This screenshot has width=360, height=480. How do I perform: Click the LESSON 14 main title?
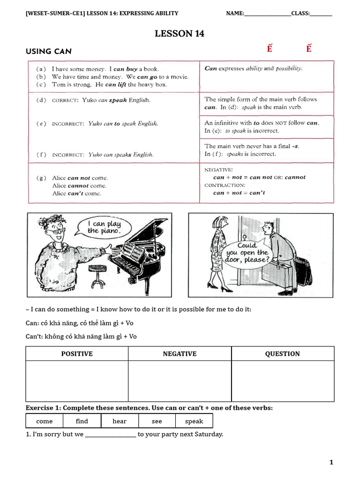(x=180, y=33)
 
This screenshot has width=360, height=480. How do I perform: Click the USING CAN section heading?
(x=49, y=52)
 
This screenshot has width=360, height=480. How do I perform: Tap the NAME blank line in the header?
(x=267, y=14)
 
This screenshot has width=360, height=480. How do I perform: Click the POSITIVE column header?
(x=77, y=354)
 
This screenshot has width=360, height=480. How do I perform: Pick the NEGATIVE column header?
(x=180, y=354)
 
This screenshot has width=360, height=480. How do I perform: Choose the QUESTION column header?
(x=283, y=354)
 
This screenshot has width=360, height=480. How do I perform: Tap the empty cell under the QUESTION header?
(x=283, y=381)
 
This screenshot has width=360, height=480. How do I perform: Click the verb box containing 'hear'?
(x=120, y=421)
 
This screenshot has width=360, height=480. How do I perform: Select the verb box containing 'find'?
(x=82, y=421)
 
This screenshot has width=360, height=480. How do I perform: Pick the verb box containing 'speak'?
(x=194, y=421)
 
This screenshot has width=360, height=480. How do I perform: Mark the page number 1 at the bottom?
(x=331, y=463)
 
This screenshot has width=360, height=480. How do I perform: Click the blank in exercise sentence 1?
(x=111, y=435)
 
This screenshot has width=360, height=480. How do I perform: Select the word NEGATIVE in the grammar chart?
(x=218, y=169)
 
